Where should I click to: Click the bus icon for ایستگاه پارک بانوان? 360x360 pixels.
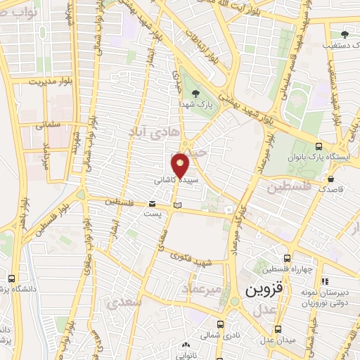point(319,147)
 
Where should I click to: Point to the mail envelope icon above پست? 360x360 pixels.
point(153,202)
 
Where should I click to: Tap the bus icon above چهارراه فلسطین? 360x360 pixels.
point(285,259)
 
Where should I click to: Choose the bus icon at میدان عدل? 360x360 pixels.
point(278,329)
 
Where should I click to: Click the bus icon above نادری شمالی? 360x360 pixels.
point(220,325)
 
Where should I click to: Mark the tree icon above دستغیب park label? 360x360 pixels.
point(345,34)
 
